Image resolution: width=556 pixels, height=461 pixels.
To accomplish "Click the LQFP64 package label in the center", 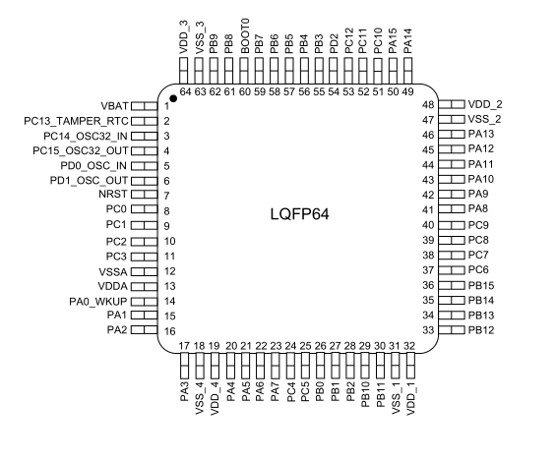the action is (299, 214).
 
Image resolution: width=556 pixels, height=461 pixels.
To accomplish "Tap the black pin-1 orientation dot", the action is (173, 98).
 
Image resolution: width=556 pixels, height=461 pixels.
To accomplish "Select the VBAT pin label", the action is (114, 106).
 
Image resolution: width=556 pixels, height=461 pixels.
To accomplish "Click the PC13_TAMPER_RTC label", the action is (76, 121).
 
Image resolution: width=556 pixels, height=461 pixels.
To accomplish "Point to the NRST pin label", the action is (113, 194).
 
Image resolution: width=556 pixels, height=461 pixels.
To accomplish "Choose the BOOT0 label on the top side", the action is (245, 36).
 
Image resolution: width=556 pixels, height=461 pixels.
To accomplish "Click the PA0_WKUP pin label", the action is (97, 302).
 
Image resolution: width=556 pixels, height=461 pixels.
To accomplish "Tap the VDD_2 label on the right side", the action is (485, 104).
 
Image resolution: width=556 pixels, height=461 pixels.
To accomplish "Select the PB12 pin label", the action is (481, 330).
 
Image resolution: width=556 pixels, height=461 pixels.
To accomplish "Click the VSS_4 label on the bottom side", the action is (200, 398).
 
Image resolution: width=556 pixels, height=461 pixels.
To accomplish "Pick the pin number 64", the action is (185, 91).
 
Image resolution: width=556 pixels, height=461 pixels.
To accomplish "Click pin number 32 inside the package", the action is (409, 346).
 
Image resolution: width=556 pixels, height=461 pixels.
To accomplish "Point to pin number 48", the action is (428, 105).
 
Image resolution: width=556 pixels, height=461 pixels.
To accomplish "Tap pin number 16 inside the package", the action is (170, 331).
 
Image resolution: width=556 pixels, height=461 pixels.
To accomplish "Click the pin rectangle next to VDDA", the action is (144, 286).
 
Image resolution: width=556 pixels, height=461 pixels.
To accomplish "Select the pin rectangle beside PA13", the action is (452, 135).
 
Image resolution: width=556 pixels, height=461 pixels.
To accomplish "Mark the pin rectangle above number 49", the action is (407, 71).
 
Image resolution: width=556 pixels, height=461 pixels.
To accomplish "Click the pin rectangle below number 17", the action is (184, 366).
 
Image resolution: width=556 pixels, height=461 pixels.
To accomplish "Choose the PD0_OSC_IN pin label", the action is (93, 166).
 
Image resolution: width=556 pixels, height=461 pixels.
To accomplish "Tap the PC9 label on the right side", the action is (478, 225).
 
